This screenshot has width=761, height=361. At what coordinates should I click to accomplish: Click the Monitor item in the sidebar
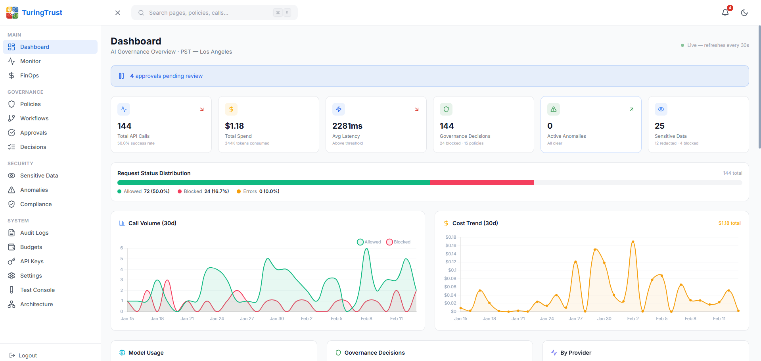coord(30,61)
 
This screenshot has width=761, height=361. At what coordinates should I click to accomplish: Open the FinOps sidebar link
coord(29,75)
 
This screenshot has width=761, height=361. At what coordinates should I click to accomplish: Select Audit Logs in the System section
coord(34,233)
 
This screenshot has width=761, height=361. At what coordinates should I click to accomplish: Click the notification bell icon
coord(725,13)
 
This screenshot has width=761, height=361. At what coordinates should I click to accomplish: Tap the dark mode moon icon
coord(744,13)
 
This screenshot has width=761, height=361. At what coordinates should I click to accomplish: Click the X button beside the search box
coord(118,13)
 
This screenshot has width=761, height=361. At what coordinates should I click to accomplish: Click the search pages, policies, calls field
coord(210,13)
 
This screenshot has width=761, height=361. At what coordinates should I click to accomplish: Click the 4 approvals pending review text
coord(166,76)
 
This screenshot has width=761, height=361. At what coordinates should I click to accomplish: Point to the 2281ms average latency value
coord(347,126)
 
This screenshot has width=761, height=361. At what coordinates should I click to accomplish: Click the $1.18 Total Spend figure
coord(234,126)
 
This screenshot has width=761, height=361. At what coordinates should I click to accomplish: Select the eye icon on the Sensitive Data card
coord(661,109)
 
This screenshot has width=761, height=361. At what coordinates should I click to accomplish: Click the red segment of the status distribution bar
coord(481,183)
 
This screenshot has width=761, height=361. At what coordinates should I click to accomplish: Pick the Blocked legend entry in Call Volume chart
coord(399,242)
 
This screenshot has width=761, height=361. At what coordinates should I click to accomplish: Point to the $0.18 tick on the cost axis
coord(450,237)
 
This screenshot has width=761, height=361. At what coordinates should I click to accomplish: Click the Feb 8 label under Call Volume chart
coord(366,319)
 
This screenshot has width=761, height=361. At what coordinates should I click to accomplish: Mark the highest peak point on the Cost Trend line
coord(633,241)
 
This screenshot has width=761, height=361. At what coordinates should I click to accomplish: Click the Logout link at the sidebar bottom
coord(27,355)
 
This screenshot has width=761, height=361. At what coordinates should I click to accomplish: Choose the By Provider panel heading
coord(575,353)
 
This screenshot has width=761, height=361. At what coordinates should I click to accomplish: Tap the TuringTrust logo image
coord(12,13)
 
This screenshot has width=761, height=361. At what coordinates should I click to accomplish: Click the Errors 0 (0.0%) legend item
coord(258,191)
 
